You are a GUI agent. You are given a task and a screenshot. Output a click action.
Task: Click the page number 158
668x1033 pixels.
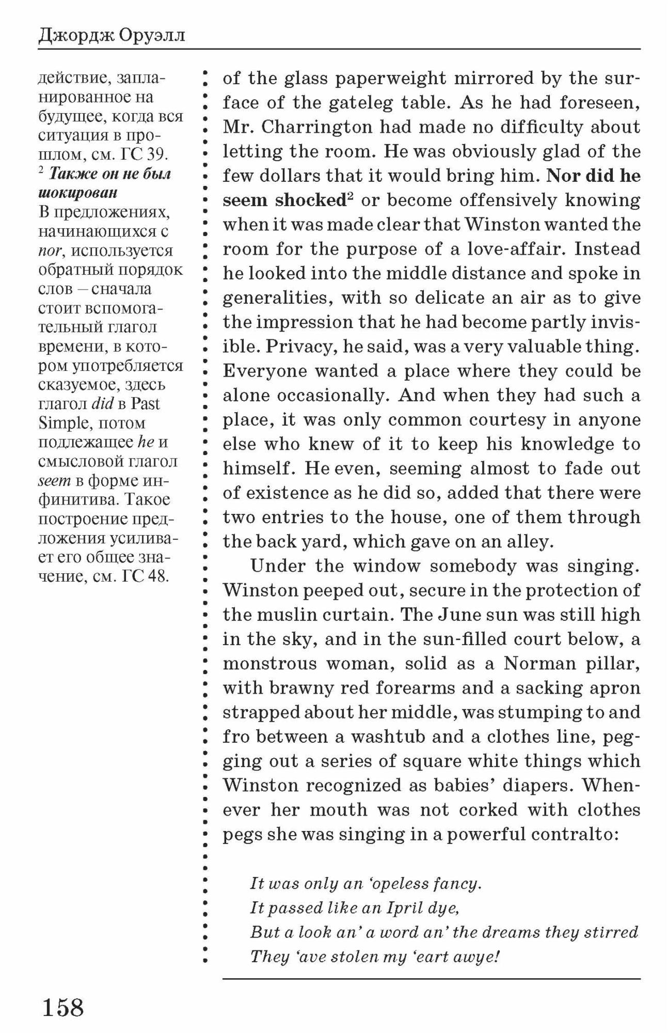point(62,1007)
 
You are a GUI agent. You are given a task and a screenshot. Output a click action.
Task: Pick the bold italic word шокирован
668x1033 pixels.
point(78,193)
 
